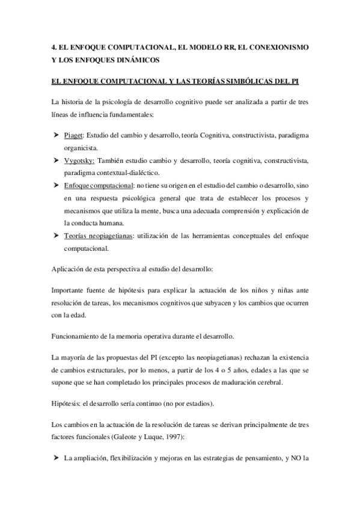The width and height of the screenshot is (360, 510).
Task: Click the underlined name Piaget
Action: [75, 136]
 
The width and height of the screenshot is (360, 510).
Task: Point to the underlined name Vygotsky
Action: [79, 161]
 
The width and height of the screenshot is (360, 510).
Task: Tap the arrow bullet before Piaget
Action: [55, 136]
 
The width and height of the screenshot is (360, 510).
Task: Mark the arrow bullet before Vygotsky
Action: [55, 161]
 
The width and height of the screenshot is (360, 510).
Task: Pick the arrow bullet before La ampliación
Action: [55, 459]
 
